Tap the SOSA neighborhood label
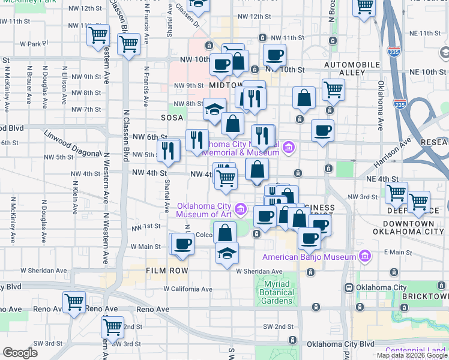coord(173,118)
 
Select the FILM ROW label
coord(167,271)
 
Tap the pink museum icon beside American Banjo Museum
coord(364,257)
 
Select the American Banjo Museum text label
coord(309,257)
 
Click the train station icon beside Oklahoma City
coord(349,287)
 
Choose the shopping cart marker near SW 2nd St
coord(112,327)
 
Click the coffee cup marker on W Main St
coord(184,244)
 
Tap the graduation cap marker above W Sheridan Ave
coord(227,253)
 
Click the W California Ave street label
coord(188,289)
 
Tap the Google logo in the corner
coord(20,353)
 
